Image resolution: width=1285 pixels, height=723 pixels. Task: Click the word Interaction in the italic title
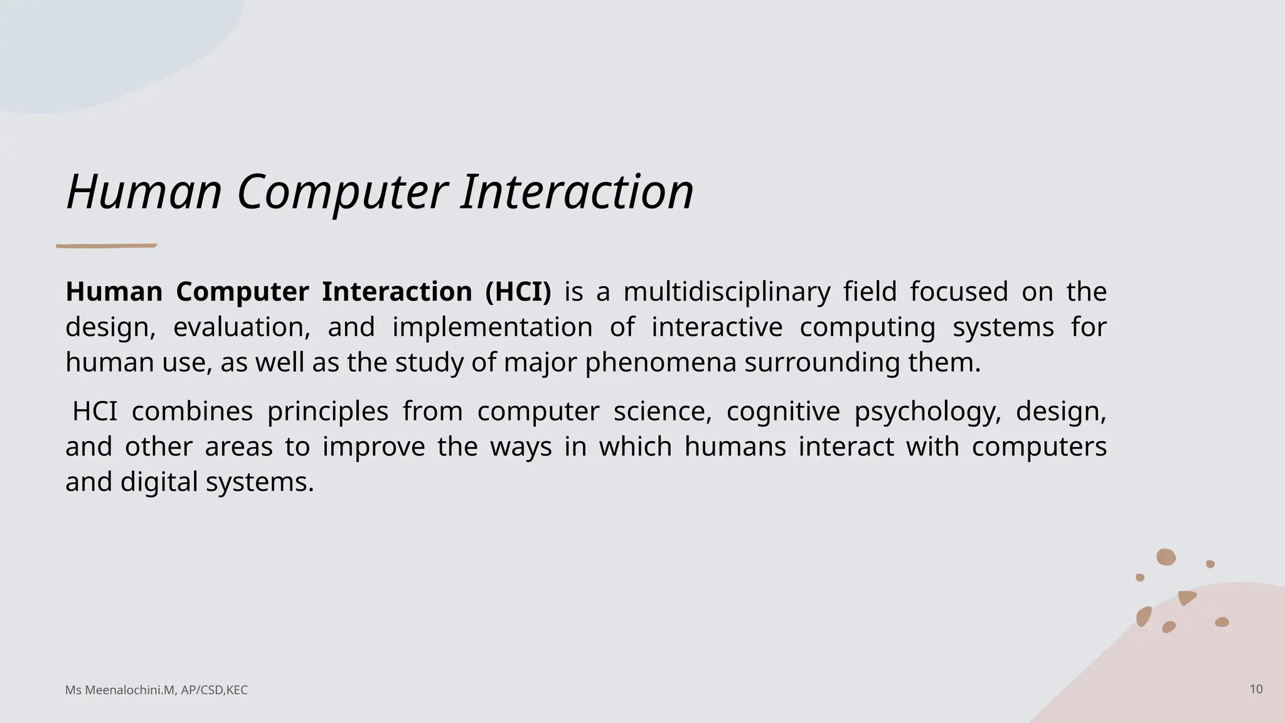577,191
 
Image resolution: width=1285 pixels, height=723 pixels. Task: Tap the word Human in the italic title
144,191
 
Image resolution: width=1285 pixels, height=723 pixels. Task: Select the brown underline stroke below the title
106,246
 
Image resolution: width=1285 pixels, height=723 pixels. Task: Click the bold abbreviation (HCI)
518,292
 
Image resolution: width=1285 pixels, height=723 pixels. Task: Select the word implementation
492,328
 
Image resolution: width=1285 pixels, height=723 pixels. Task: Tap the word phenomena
661,363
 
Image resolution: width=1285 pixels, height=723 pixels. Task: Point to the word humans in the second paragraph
735,447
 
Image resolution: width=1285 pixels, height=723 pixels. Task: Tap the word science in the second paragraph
662,412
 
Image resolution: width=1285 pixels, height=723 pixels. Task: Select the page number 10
1256,689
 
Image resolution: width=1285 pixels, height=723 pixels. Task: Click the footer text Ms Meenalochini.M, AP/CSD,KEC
156,690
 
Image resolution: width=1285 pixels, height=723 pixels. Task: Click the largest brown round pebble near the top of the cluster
1166,557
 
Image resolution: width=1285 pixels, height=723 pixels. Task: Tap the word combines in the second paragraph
192,412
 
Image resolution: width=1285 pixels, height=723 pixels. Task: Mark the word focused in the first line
959,292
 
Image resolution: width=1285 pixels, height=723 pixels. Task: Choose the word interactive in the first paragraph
717,328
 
